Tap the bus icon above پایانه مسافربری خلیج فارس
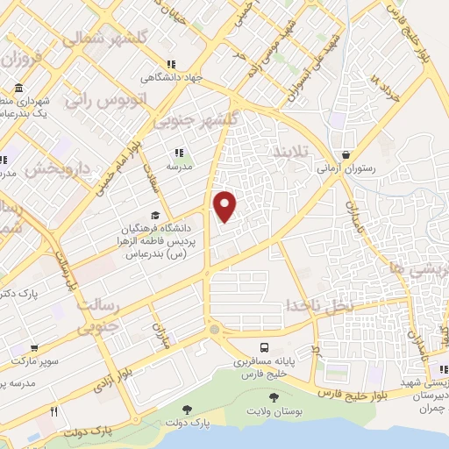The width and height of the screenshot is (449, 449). point(265,346)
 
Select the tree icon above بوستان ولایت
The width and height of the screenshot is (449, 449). point(278,398)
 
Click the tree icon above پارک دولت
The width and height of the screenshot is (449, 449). point(187,410)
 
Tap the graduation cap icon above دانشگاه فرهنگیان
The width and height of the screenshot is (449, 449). point(155,215)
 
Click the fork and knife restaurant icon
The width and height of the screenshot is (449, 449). point(54,410)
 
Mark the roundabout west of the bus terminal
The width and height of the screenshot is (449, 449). point(214,330)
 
